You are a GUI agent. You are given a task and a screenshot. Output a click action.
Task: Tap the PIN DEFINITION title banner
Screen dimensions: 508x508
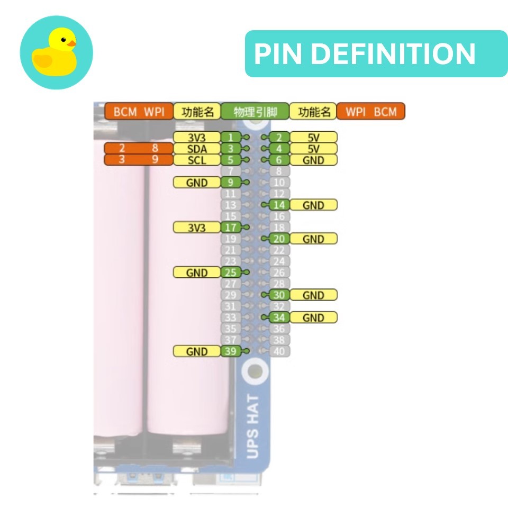(376, 53)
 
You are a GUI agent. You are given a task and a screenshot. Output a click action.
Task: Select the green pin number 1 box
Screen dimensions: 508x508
(230, 138)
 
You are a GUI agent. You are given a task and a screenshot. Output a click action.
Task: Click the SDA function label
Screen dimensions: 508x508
(196, 149)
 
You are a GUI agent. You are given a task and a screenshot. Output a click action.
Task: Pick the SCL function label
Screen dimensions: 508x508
(196, 160)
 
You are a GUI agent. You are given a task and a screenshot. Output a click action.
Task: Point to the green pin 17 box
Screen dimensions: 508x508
(230, 228)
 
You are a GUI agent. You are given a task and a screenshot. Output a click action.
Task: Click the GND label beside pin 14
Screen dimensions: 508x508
(313, 205)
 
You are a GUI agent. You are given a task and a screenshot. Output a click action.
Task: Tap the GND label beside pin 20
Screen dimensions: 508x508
(313, 239)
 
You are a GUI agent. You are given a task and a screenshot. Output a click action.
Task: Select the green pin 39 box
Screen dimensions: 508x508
(230, 351)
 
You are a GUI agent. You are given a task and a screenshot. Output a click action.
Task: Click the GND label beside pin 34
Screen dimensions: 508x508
(313, 317)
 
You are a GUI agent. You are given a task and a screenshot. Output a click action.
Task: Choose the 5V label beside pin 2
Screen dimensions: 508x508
(313, 138)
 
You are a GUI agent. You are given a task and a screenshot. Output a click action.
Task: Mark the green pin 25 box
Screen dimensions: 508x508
(230, 273)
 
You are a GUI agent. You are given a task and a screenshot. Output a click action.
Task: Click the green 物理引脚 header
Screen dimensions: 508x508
(255, 112)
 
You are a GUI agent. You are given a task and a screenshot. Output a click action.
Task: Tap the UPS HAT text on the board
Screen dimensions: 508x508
(253, 427)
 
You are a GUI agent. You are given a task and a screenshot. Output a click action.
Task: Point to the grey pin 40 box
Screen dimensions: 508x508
(279, 351)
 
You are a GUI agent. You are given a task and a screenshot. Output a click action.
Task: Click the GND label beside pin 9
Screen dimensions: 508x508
(196, 183)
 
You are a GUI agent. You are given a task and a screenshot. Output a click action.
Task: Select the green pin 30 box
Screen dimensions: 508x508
(279, 295)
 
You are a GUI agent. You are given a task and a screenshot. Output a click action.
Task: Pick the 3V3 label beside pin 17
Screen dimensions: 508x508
(196, 228)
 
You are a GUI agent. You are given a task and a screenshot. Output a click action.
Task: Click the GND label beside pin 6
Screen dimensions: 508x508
(313, 160)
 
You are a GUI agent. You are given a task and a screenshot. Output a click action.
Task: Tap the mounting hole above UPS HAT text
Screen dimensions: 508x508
(255, 371)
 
